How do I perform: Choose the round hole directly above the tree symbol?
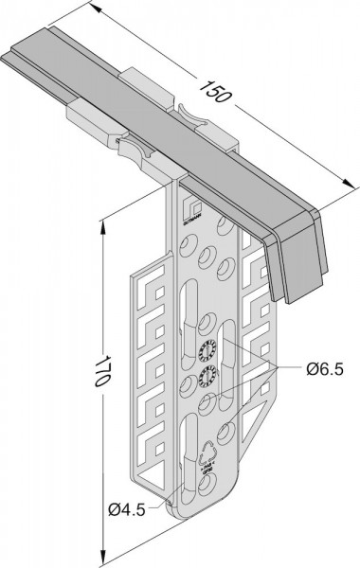(x=225, y=431)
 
